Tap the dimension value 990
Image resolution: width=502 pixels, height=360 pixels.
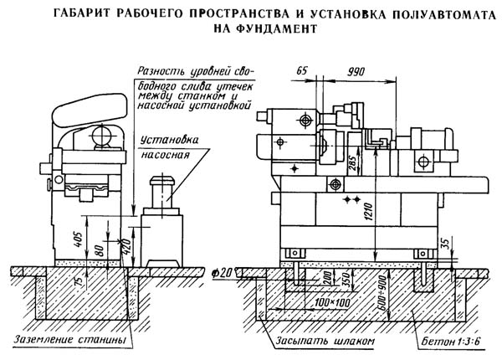point(356,71)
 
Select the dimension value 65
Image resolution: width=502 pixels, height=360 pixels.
point(301,71)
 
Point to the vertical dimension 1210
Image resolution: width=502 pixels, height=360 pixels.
point(369,211)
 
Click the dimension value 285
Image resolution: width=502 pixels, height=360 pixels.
point(352,165)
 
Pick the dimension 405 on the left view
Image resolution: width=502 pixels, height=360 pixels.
point(79,239)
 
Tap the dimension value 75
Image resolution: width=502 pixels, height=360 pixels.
point(79,280)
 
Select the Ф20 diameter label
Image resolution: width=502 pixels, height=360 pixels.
point(221,273)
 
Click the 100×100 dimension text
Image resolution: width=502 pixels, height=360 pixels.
point(332,302)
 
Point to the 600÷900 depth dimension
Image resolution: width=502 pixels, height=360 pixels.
point(382,292)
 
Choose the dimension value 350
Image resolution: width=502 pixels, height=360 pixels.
point(345,280)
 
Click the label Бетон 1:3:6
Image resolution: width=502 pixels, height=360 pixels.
point(451,342)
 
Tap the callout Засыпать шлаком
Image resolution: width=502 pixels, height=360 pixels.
point(325,341)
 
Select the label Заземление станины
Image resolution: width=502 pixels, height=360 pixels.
point(69,340)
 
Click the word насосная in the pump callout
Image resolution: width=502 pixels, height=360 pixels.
point(165,156)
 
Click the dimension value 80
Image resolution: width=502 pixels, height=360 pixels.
point(100,250)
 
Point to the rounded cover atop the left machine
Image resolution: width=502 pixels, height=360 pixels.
point(90,110)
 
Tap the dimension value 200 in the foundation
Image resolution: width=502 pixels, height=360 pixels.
point(326,278)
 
